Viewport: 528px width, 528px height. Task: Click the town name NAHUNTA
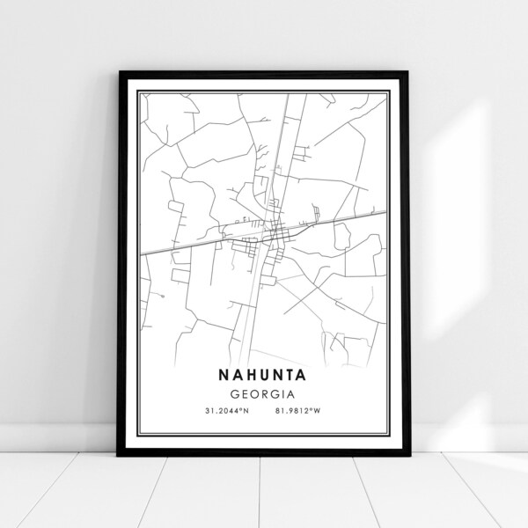click(264, 374)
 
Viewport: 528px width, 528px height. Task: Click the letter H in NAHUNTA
click(249, 374)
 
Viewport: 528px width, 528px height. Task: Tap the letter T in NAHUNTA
click(297, 374)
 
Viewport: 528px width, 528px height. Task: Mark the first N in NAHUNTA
click(217, 374)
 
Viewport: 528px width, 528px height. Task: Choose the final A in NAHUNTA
click(312, 374)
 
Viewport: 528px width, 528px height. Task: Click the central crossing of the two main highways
click(274, 231)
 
